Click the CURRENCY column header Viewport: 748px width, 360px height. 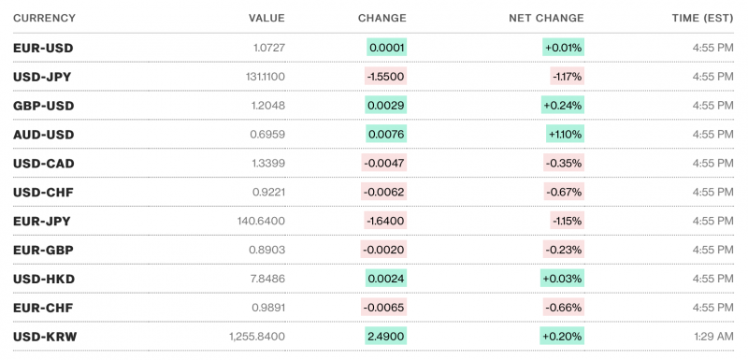(x=44, y=18)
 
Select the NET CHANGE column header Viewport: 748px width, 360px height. (x=546, y=18)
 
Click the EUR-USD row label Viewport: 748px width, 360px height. (x=43, y=48)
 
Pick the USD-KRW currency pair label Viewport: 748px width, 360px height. (x=44, y=337)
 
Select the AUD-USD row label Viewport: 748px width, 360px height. (x=43, y=135)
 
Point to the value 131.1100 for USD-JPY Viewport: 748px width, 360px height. (x=261, y=77)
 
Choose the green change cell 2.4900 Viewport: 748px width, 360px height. (x=386, y=337)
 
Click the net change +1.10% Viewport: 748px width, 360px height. (x=565, y=135)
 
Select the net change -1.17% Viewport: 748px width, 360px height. (x=567, y=77)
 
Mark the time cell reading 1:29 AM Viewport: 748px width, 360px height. (x=711, y=337)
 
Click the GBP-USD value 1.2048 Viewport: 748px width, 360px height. (x=266, y=106)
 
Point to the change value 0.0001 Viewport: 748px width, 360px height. (x=386, y=48)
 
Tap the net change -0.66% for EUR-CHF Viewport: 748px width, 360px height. (x=565, y=308)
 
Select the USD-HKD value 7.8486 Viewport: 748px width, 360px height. (x=266, y=279)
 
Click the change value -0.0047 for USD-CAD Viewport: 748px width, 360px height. (x=384, y=164)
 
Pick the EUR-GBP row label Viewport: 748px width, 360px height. (x=43, y=251)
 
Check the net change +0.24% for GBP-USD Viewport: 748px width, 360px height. (x=563, y=106)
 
